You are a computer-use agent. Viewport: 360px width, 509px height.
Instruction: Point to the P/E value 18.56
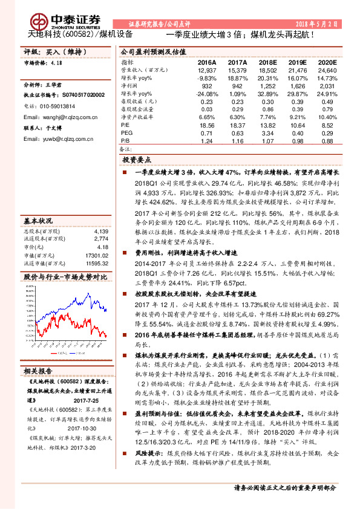point(207,124)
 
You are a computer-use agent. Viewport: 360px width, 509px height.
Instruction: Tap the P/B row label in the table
point(125,140)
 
